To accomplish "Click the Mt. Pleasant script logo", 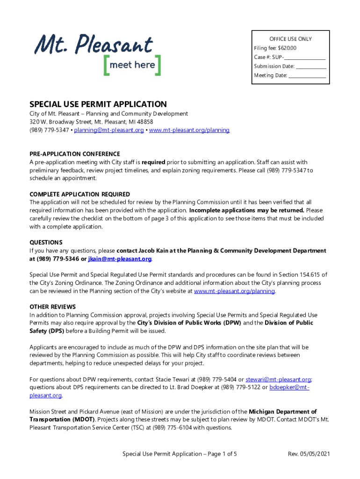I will pyautogui.click(x=94, y=45).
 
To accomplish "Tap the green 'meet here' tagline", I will pyautogui.click(x=132, y=65).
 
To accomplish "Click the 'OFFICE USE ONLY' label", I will pyautogui.click(x=290, y=39).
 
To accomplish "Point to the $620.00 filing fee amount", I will pyautogui.click(x=287, y=48).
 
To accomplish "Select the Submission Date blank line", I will pyautogui.click(x=310, y=67).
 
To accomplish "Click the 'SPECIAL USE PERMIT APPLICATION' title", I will pyautogui.click(x=98, y=104).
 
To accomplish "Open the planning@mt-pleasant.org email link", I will pyautogui.click(x=108, y=130).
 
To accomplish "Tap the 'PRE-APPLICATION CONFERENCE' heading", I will pyautogui.click(x=75, y=154).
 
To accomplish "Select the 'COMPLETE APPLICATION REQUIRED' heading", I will pyautogui.click(x=79, y=194).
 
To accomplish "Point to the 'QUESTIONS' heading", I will pyautogui.click(x=46, y=242).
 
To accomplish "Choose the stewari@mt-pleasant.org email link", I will pyautogui.click(x=278, y=379).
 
